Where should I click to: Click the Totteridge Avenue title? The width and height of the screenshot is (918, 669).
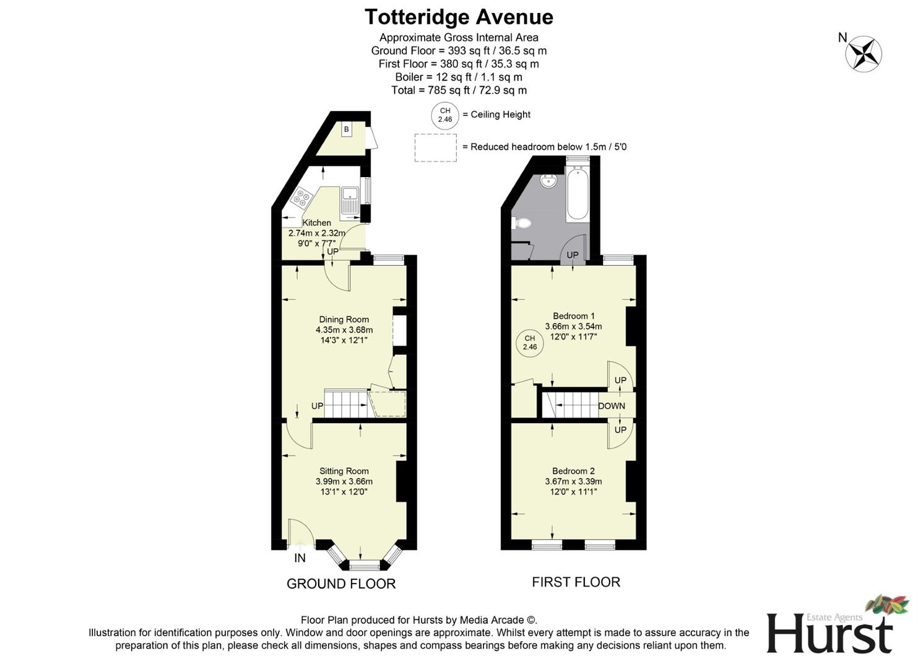459,17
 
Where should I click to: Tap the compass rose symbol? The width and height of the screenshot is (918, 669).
864,54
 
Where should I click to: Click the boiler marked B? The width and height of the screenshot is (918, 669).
347,129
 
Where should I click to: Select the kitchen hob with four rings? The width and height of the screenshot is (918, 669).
302,197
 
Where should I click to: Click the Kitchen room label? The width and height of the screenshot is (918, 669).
316,223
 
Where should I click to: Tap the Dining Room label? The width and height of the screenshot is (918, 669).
344,320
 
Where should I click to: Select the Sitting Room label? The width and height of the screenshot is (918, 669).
344,471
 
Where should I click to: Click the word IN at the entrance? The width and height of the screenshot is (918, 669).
300,558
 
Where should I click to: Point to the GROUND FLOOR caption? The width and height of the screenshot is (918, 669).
341,584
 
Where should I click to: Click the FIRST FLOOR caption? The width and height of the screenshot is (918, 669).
576,582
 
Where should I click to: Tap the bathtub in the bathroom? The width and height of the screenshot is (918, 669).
577,195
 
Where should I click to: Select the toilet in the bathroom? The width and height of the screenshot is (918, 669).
522,223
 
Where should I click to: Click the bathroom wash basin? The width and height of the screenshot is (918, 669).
548,181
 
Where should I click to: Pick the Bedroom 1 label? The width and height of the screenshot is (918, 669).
573,316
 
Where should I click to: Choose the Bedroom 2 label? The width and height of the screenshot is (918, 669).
573,471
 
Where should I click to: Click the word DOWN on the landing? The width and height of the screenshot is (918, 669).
612,406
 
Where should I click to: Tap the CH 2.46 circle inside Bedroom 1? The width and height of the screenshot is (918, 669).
530,343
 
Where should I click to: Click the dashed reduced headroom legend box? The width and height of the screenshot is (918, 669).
436,147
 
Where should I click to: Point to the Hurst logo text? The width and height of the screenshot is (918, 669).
829,633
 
